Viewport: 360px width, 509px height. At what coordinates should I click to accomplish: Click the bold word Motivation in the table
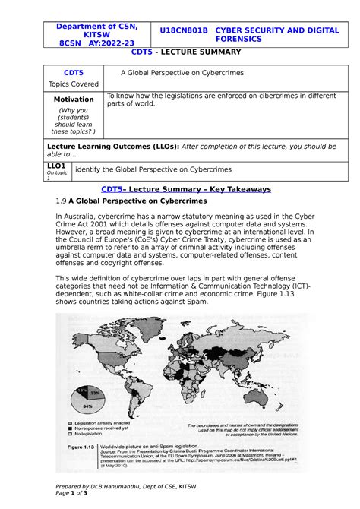click(x=74, y=100)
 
